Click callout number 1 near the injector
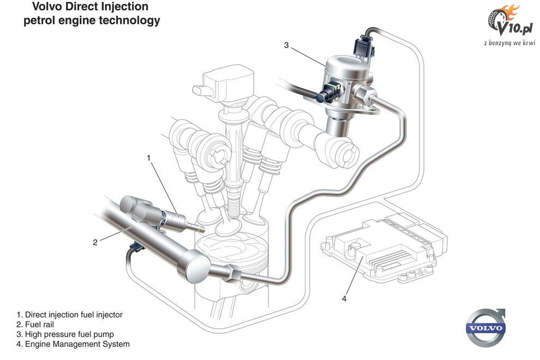149,158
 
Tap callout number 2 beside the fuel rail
95,243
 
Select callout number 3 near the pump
286,45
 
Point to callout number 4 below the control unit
344,299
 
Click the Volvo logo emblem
485,328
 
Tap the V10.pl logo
511,21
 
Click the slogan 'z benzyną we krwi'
509,43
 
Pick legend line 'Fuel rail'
35,325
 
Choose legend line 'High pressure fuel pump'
65,334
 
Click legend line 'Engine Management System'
73,344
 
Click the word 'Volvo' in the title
46,7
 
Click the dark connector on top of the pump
363,46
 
